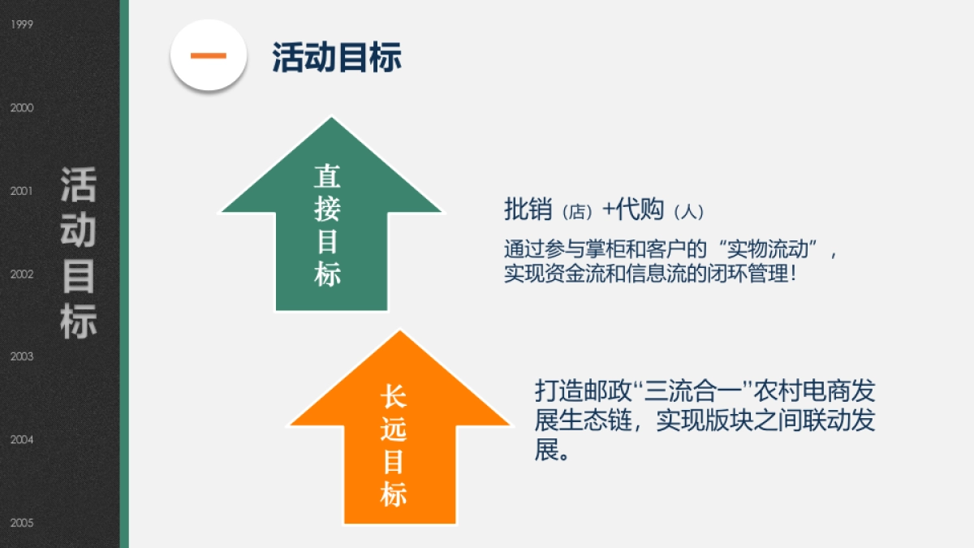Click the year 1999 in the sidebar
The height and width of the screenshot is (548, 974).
tap(22, 24)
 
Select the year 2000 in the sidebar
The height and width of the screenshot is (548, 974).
tap(22, 107)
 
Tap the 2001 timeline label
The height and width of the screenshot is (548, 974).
tap(21, 191)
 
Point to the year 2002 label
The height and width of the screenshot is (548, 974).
tap(22, 274)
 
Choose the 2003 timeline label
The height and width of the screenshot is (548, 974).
tap(22, 356)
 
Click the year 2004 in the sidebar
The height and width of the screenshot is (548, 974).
tap(22, 440)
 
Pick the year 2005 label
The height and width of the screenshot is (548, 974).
tap(22, 523)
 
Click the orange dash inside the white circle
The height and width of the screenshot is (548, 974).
tap(209, 55)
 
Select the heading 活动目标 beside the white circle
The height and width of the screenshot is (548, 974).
tap(337, 57)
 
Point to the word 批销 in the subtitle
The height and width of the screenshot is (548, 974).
tap(528, 209)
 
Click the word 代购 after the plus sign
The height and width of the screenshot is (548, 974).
tap(640, 209)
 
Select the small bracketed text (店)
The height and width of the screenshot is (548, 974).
tap(577, 212)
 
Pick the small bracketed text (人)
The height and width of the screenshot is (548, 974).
tap(689, 212)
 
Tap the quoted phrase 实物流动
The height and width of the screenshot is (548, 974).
tap(768, 249)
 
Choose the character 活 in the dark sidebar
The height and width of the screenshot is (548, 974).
tap(78, 185)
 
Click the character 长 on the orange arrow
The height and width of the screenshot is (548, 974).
tap(394, 397)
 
